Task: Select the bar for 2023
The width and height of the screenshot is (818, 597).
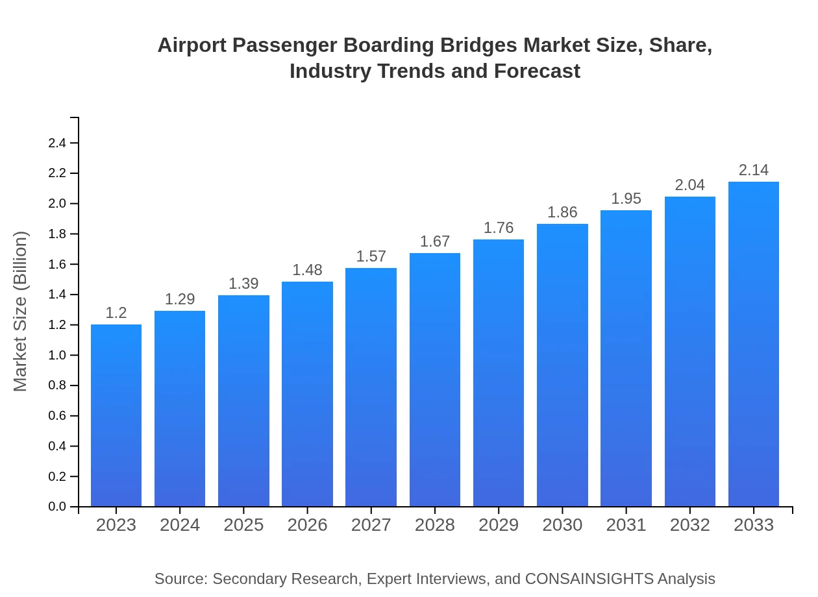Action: click(116, 415)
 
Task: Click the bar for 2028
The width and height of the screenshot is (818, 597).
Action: click(435, 380)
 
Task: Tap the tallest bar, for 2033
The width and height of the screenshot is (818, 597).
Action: click(754, 344)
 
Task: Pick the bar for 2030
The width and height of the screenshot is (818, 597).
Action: click(562, 365)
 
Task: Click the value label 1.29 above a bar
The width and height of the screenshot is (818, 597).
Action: click(180, 299)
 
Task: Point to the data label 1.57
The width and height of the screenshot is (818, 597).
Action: click(371, 256)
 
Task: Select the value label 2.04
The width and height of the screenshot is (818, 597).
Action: click(690, 185)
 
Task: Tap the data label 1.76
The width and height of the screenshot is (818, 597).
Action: click(499, 228)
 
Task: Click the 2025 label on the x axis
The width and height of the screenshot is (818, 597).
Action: click(243, 525)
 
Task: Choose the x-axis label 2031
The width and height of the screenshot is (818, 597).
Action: click(626, 525)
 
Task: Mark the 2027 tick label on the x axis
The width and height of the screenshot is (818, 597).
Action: click(371, 525)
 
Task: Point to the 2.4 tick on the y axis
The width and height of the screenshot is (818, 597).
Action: click(57, 143)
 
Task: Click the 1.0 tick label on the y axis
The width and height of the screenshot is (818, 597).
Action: click(57, 355)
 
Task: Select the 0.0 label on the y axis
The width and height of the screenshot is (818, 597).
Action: click(57, 507)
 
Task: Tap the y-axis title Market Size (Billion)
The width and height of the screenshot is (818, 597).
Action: click(21, 311)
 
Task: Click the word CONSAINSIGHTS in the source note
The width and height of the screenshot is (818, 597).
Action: click(589, 579)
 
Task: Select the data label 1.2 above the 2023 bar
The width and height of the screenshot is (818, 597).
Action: click(116, 313)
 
